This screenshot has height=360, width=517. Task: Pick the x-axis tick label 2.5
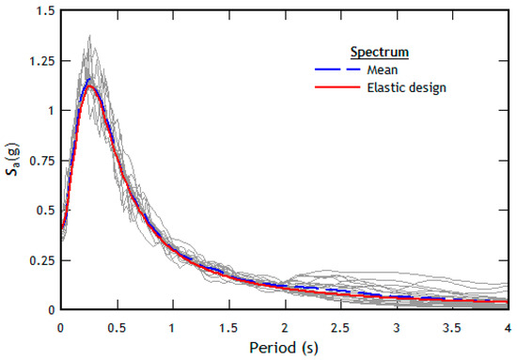339,325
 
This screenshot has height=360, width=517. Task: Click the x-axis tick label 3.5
451,325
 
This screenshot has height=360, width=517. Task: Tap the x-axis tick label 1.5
227,325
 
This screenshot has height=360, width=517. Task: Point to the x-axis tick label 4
508,325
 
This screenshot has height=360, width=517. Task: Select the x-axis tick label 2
284,325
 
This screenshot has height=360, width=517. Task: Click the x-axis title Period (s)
283,348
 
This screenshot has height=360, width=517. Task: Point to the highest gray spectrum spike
90,38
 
